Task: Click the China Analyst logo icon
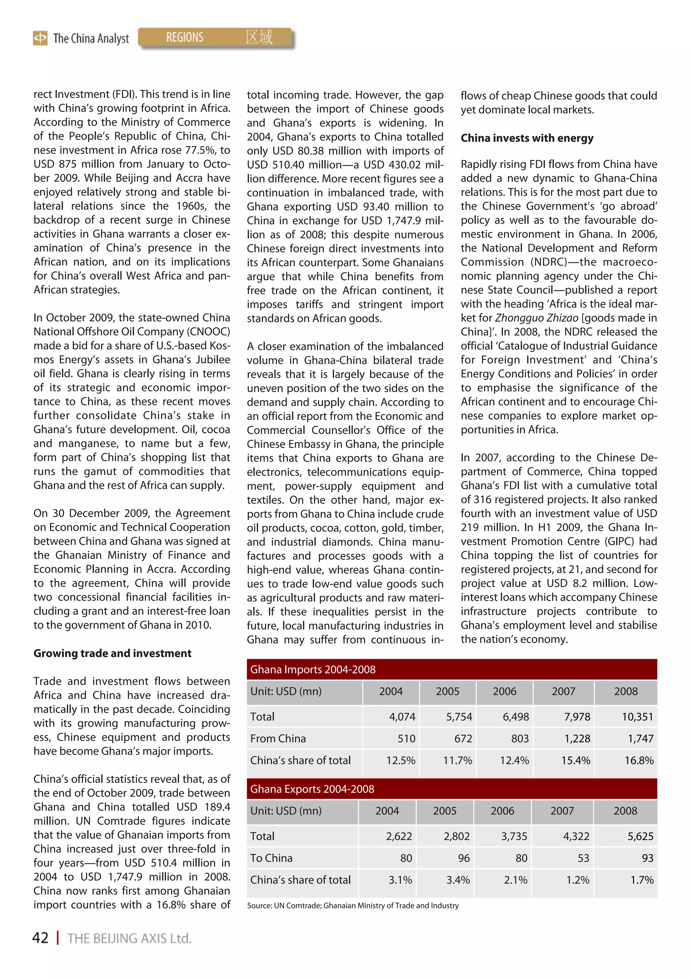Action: click(40, 38)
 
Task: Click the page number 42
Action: click(40, 937)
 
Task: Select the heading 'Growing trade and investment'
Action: click(112, 653)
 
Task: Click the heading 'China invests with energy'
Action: click(527, 138)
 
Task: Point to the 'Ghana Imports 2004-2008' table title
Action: click(312, 669)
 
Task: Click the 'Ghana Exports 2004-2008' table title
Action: click(312, 789)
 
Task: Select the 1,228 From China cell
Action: click(577, 739)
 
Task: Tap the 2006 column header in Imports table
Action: click(504, 691)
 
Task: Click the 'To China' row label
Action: click(271, 858)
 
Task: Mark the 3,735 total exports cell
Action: click(514, 836)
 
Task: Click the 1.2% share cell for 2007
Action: click(577, 880)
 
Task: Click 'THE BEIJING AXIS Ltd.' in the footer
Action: click(130, 938)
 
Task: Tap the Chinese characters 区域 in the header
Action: click(259, 37)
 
